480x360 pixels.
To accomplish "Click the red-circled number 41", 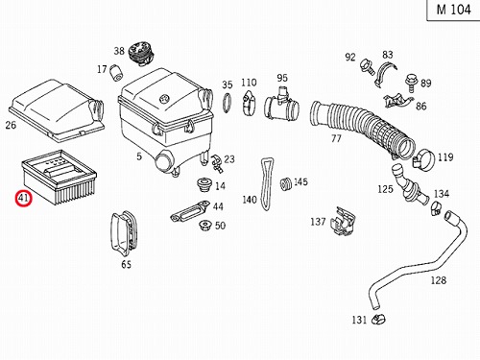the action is click(x=23, y=199).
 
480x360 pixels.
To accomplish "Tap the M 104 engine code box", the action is click(x=454, y=10).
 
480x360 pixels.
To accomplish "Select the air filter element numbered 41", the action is click(x=60, y=177).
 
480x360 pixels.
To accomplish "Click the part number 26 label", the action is click(x=11, y=125).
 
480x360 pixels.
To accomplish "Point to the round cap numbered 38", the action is click(x=141, y=53).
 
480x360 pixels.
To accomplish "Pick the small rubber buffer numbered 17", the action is click(x=117, y=73).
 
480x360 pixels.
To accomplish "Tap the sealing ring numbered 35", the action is click(x=228, y=103).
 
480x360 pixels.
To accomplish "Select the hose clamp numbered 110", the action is click(x=249, y=102).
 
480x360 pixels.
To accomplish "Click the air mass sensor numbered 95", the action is click(x=281, y=105).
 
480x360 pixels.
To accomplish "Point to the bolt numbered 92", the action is click(x=368, y=67).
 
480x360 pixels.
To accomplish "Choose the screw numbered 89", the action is click(x=412, y=82).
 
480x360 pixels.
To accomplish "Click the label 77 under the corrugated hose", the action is click(x=336, y=138).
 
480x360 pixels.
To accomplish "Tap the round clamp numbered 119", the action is click(x=423, y=159).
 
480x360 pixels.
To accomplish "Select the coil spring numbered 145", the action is click(x=285, y=183).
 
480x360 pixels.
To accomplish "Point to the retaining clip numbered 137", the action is click(x=343, y=220).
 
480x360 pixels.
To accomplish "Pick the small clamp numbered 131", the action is click(x=378, y=319).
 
